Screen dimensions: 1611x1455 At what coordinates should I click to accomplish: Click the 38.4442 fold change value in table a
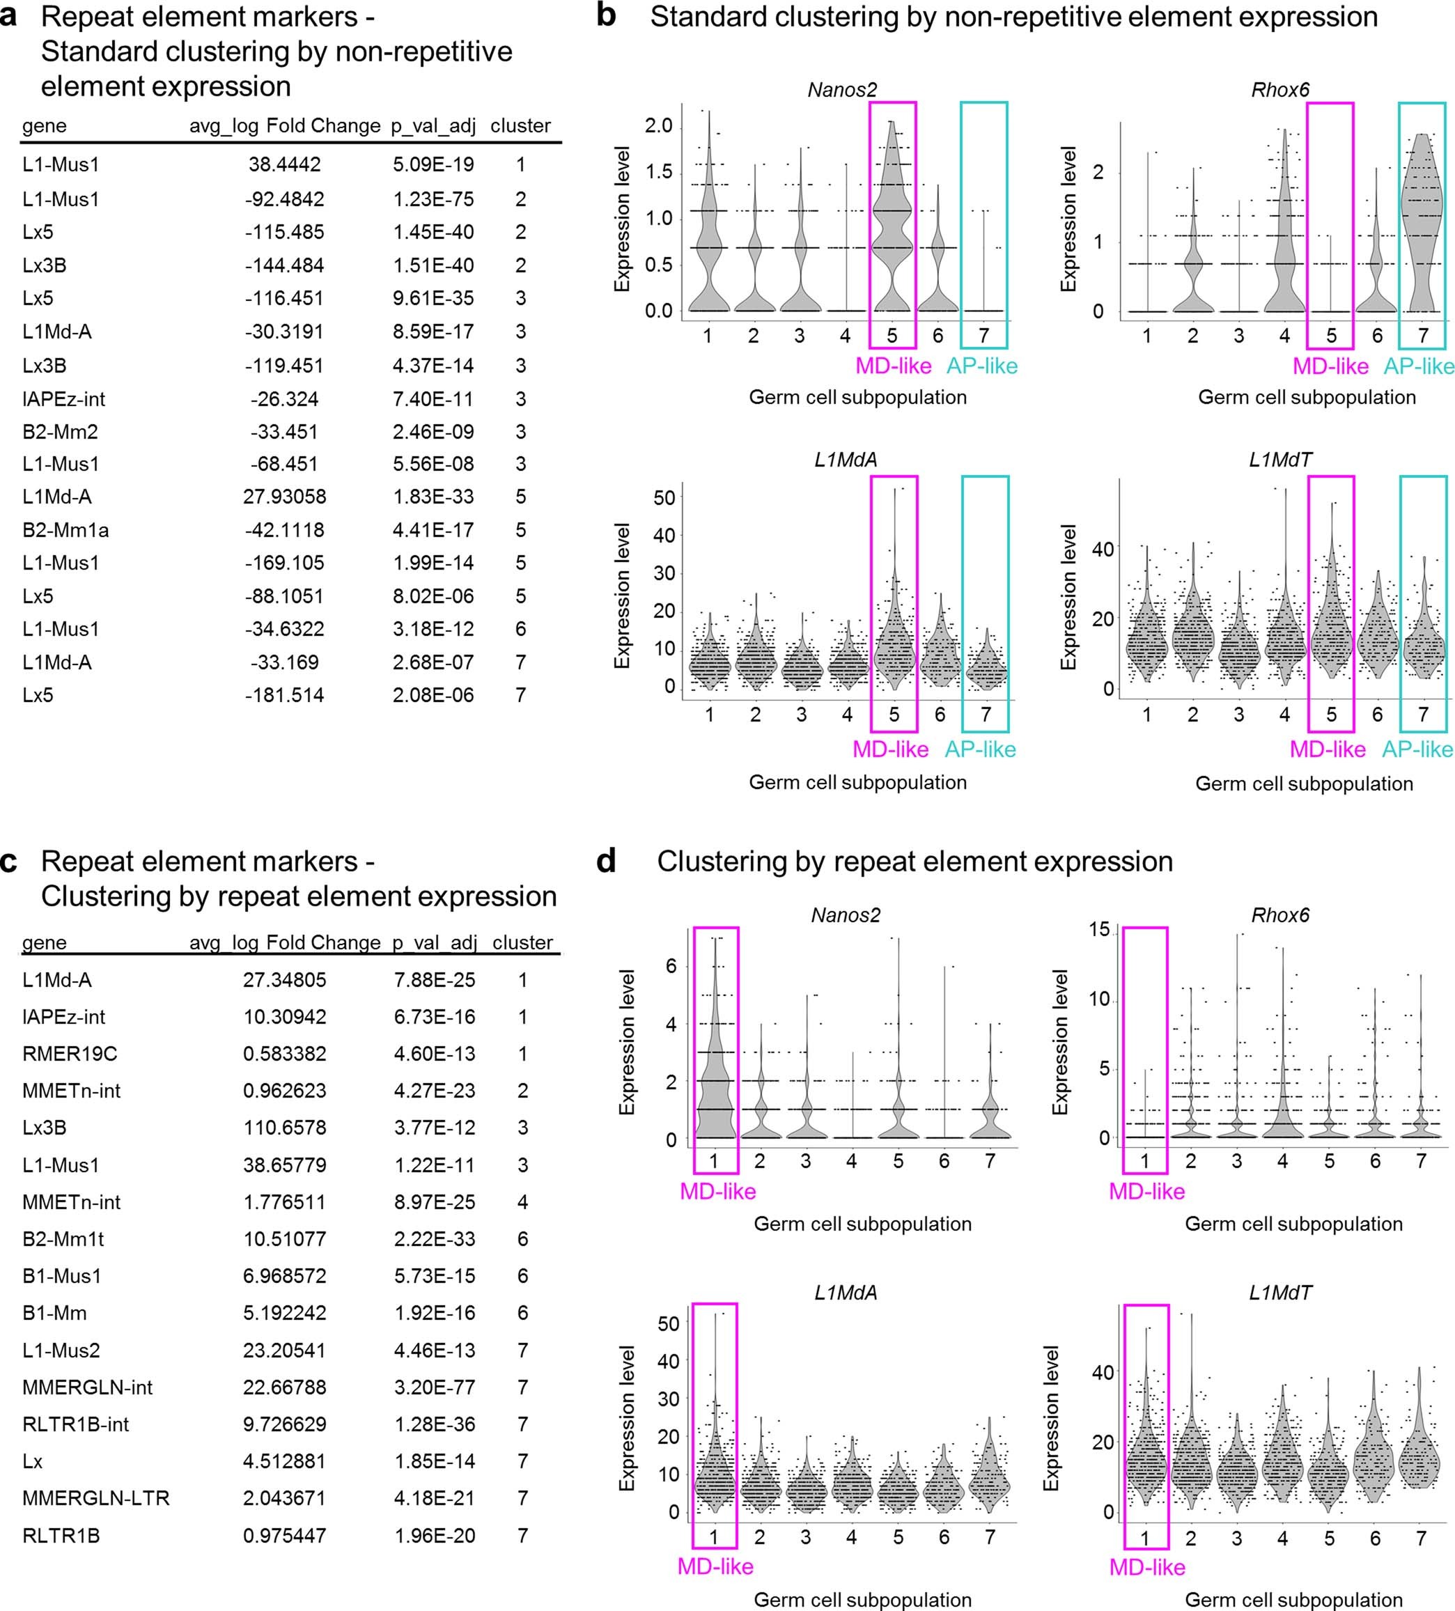(284, 164)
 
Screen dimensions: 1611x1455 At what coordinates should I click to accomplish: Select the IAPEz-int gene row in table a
(64, 399)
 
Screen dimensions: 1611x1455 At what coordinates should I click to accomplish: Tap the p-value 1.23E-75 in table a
(433, 199)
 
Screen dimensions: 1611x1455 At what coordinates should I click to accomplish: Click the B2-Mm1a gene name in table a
(65, 530)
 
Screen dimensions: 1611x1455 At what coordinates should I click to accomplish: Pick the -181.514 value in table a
(284, 695)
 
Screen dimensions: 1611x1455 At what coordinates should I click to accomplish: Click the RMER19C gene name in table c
(70, 1053)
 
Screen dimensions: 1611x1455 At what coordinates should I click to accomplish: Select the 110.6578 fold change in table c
(284, 1128)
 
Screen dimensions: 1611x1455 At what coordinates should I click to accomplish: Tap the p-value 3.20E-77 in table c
(434, 1387)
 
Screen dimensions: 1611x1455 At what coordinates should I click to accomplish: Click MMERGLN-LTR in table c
(96, 1497)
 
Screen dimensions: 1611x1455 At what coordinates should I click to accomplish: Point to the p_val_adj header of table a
(433, 126)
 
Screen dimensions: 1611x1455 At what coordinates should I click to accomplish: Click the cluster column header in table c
(522, 943)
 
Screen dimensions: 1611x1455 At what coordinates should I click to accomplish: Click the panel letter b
(607, 16)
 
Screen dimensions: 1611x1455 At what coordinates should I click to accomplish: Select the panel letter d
(607, 861)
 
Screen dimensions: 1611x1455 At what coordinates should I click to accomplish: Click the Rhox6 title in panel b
(1280, 89)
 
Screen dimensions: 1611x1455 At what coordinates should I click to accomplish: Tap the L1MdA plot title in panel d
(846, 1292)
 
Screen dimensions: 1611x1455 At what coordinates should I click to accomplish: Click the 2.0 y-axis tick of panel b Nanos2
(658, 126)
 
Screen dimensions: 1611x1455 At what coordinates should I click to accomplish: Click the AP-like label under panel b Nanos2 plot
(982, 366)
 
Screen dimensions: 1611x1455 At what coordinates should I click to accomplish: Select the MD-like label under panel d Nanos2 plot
(717, 1192)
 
